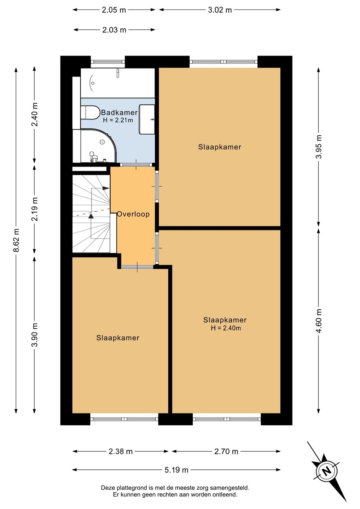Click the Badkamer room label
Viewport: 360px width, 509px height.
tap(119, 112)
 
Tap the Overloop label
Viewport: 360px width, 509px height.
tap(133, 214)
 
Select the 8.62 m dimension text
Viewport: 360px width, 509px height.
tap(16, 240)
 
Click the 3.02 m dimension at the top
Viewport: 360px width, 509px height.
tap(220, 10)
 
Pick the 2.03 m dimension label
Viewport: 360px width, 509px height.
tap(114, 30)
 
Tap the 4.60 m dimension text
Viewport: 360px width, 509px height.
tap(319, 321)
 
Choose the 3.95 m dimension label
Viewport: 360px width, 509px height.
tap(319, 147)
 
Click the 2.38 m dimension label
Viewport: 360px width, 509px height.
tap(121, 451)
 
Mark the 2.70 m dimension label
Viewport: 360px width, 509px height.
tap(226, 451)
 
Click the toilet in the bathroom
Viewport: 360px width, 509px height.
tap(91, 112)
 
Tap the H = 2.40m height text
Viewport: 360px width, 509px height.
tap(226, 328)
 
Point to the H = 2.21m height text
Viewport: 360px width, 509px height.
tap(118, 120)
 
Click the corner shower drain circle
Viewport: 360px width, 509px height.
tap(102, 142)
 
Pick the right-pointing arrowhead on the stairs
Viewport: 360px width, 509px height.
tap(106, 188)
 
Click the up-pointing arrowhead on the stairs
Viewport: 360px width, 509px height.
tap(91, 216)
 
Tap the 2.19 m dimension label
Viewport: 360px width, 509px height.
tap(35, 209)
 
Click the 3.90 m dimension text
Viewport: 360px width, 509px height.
tap(35, 335)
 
